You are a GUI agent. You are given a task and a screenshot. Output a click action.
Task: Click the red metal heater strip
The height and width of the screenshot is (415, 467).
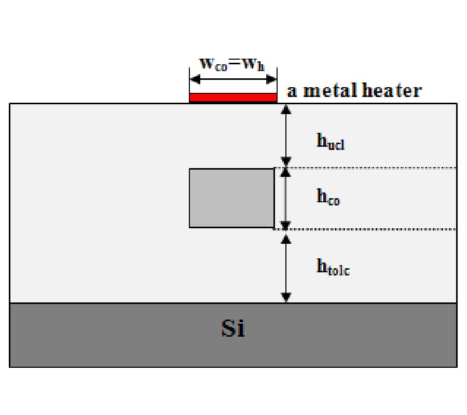click(232, 98)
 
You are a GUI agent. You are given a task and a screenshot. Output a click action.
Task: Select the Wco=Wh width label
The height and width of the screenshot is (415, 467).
click(232, 64)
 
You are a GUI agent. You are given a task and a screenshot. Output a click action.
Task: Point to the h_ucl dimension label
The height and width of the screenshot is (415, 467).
click(331, 141)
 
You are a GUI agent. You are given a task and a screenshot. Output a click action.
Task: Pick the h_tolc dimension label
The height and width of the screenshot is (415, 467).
click(333, 267)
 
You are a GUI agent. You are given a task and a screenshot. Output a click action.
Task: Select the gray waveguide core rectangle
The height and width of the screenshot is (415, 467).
click(231, 198)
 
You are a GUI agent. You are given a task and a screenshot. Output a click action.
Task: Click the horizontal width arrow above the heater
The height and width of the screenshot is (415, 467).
click(232, 79)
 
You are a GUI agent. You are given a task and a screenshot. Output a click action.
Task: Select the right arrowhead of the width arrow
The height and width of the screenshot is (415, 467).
click(271, 79)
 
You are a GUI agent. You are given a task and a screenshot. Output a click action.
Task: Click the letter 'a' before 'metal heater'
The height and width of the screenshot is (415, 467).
click(292, 92)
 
